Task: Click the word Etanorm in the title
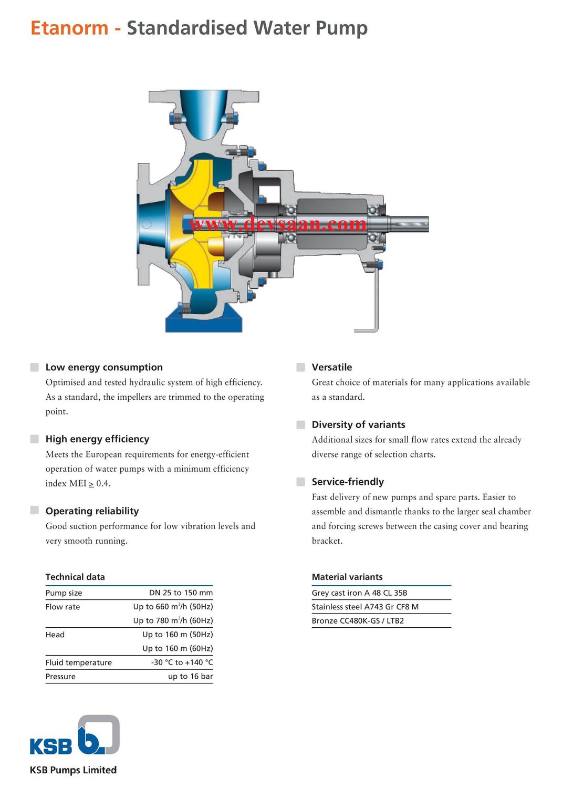(69, 28)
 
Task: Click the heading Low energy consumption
(104, 367)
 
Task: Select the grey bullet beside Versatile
(301, 367)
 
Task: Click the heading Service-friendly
(347, 482)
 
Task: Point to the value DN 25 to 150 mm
(181, 593)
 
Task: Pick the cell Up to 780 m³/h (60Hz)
(173, 620)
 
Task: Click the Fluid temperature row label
(78, 662)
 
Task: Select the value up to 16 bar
(190, 677)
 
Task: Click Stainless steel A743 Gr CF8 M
(365, 607)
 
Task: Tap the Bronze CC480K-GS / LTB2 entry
(358, 621)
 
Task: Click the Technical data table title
(75, 577)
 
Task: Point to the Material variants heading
(347, 577)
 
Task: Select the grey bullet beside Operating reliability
(35, 511)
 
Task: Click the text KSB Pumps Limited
(73, 770)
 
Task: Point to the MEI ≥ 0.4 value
(90, 483)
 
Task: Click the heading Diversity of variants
(358, 424)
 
